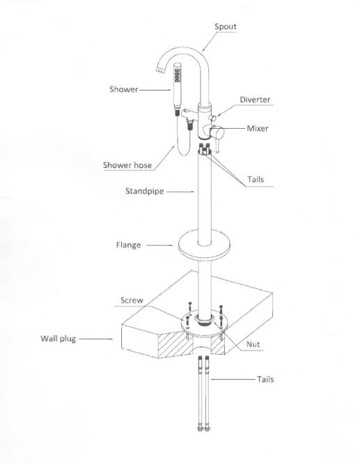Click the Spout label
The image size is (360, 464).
point(226,26)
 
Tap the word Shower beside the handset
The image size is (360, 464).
point(124,89)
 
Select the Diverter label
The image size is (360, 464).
point(255,100)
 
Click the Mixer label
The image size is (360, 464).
point(258,128)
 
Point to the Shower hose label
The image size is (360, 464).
point(127,165)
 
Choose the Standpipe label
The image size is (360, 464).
point(144,191)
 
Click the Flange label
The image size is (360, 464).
point(128,245)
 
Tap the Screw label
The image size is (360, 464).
point(132,300)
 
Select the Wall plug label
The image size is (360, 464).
point(58,339)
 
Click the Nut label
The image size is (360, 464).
point(253,344)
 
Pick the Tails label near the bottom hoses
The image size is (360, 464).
point(265,380)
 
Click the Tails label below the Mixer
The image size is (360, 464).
point(256,179)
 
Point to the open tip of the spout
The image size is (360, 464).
point(160,70)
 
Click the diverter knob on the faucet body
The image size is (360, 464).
point(212,118)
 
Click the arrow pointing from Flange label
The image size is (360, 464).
point(159,245)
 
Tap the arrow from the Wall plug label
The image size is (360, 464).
point(96,339)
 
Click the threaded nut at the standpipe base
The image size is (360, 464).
point(204,320)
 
